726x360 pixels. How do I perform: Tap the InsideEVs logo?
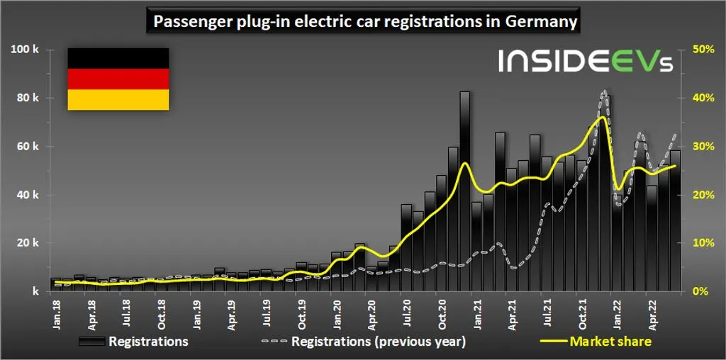tap(584, 61)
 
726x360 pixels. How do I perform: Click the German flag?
tap(118, 79)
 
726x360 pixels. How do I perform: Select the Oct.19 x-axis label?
tap(301, 311)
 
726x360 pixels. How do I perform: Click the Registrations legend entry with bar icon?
tap(134, 342)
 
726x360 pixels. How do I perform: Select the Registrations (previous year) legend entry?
tap(364, 342)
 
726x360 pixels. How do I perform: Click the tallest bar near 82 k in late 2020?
tap(464, 191)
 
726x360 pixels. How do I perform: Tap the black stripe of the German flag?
tap(118, 58)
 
